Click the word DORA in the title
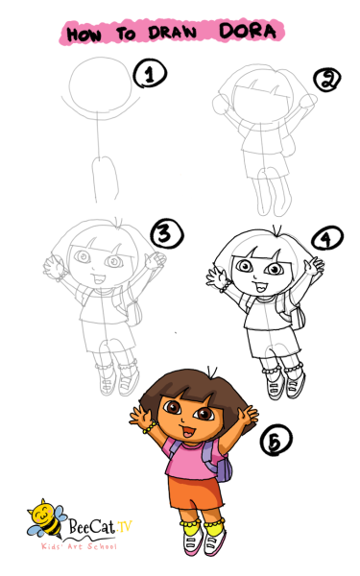point(248,31)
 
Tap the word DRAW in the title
point(172,33)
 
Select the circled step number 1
point(150,74)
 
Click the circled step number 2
point(327,80)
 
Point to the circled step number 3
point(167,234)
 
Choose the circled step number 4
point(327,238)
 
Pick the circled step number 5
point(276,440)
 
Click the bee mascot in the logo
point(46,517)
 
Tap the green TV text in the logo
point(124,526)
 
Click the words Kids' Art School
point(79,546)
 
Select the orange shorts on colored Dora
point(195,492)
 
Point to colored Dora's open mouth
point(188,431)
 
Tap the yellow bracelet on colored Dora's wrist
point(150,427)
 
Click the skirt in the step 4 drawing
point(274,343)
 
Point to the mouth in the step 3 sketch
point(99,278)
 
